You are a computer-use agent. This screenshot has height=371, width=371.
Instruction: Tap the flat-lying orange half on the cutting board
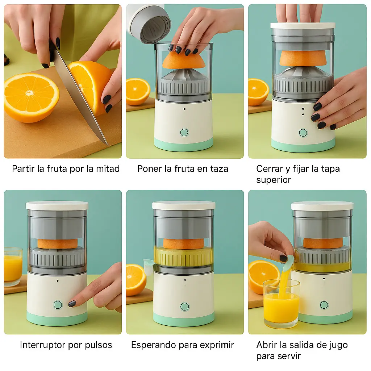click(x=32, y=97)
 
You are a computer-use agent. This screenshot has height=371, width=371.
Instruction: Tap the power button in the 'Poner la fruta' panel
click(x=184, y=132)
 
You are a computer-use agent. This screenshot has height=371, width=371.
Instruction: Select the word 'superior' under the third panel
click(x=274, y=180)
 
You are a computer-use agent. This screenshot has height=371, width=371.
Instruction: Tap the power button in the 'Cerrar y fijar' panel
click(x=303, y=133)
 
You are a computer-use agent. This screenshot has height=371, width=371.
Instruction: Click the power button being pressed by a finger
click(x=58, y=305)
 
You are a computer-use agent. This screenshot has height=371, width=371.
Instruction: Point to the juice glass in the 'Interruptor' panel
click(x=13, y=267)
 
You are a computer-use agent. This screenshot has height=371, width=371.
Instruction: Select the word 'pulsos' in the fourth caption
click(x=99, y=345)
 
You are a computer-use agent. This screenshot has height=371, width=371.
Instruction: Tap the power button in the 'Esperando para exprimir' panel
click(x=184, y=307)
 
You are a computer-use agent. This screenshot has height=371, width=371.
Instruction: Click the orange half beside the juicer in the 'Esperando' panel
click(x=136, y=280)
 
